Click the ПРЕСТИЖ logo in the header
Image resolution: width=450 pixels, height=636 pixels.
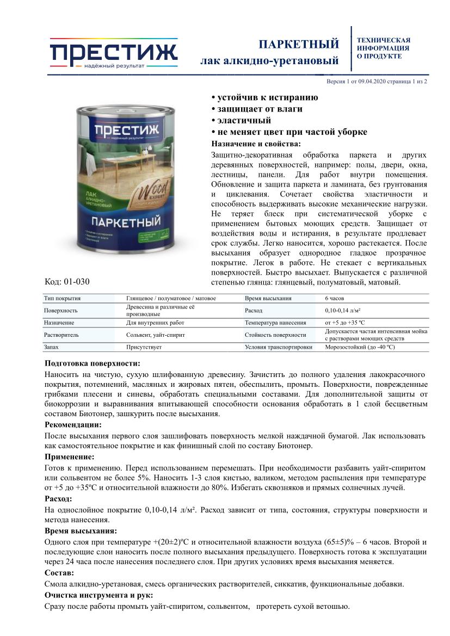tap(113, 53)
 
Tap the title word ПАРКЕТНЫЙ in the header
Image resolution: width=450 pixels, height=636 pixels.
tap(298, 44)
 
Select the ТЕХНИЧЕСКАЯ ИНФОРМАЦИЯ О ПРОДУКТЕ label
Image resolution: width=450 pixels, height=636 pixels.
tap(383, 48)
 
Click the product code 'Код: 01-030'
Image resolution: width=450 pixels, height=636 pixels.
tap(67, 282)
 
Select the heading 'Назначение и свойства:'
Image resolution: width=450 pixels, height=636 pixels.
tap(255, 144)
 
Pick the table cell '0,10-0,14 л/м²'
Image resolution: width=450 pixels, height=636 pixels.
tap(345, 310)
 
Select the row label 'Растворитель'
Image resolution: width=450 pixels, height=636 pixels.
tap(61, 335)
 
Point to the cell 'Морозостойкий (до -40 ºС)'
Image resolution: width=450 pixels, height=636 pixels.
tap(360, 347)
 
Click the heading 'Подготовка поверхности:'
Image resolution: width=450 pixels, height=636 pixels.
tap(92, 363)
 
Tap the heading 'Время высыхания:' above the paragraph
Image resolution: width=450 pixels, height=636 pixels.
tap(80, 530)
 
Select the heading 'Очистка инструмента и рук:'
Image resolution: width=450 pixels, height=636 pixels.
tap(98, 595)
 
